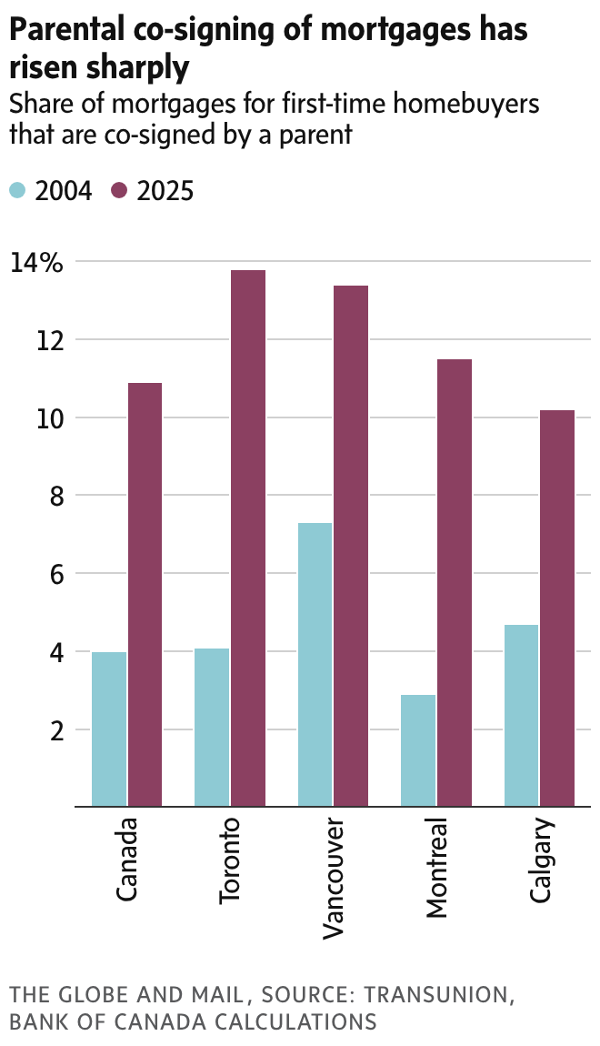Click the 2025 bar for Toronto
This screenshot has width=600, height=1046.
click(x=247, y=538)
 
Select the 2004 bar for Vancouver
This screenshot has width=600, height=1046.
click(x=315, y=664)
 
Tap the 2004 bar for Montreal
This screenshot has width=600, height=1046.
click(x=418, y=750)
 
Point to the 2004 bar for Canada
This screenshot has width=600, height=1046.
click(x=109, y=729)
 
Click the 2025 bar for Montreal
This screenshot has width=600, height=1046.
click(x=454, y=582)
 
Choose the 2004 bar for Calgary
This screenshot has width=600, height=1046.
click(x=522, y=715)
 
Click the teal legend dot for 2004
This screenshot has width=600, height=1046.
click(x=18, y=190)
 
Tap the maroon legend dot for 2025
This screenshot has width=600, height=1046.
click(x=120, y=190)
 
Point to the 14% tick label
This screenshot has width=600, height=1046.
click(x=36, y=263)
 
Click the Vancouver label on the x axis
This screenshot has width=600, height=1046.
click(x=334, y=878)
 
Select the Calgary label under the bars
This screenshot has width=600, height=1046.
click(x=541, y=860)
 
